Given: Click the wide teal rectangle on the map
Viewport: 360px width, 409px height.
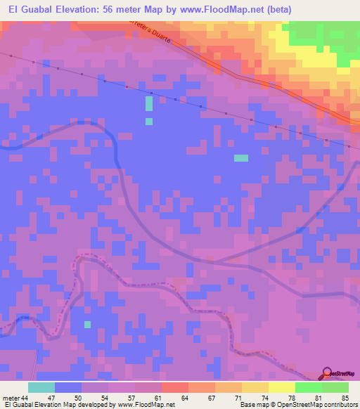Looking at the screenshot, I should pos(241,157).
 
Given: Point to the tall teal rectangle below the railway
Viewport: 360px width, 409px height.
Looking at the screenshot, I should pos(149,103).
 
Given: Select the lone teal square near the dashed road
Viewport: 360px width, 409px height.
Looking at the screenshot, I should pos(88,324).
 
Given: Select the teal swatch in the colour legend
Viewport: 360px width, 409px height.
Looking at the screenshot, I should pos(41,387).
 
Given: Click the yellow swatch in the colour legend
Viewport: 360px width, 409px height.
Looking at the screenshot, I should pos(281,387).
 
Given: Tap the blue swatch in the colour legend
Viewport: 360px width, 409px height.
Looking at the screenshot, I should pos(68,387).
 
